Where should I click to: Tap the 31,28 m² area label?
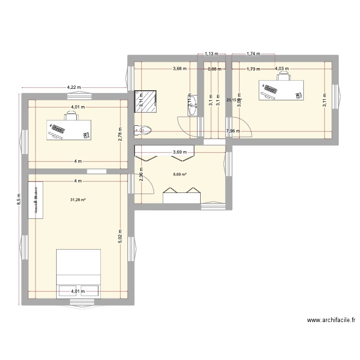[78, 194]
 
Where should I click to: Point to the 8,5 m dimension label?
[19, 199]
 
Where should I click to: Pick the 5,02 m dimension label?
[120, 235]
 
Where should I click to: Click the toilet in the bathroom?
[144, 130]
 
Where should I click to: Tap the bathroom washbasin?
[192, 105]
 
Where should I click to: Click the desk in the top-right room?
[283, 90]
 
